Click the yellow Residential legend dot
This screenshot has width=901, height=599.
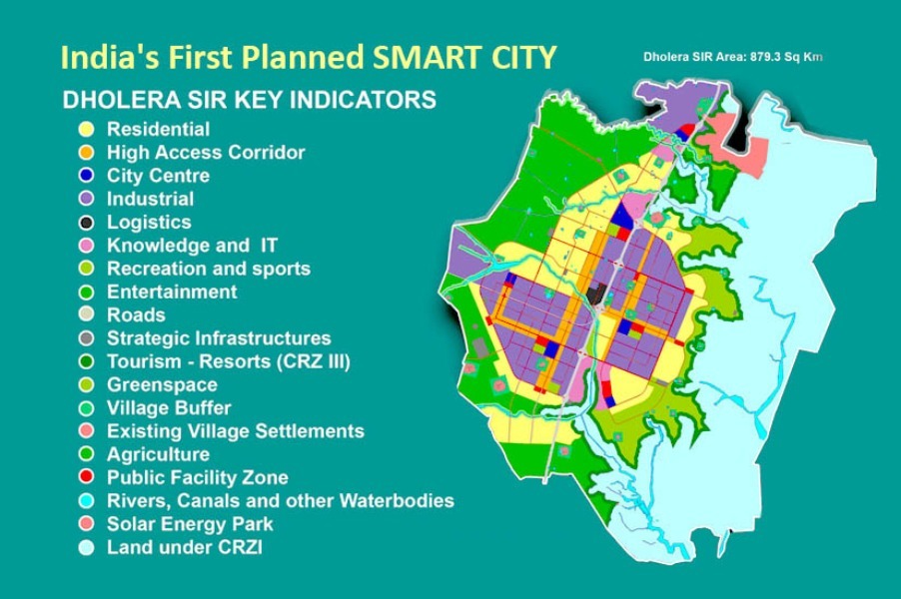[86, 129]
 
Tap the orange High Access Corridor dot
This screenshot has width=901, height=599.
[86, 152]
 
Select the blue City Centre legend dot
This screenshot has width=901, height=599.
[86, 175]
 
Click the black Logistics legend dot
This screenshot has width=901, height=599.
[86, 223]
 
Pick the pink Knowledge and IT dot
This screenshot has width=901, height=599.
[86, 246]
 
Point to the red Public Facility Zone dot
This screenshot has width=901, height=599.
[86, 477]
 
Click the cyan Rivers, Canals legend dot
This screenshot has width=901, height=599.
[86, 501]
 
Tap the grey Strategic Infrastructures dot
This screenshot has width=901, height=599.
[86, 338]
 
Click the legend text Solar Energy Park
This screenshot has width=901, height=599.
[190, 524]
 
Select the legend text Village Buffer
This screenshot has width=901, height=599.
[169, 407]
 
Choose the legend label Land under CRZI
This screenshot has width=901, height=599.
[185, 547]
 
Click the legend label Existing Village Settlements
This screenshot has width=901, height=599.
[236, 431]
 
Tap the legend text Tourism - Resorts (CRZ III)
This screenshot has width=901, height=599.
[229, 361]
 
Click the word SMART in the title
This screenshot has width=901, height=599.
[413, 58]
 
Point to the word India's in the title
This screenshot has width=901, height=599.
[101, 58]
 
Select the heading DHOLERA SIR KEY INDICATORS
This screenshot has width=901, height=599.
[250, 100]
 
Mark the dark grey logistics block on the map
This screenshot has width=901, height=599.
[594, 294]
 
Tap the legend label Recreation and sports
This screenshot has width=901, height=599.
[209, 269]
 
